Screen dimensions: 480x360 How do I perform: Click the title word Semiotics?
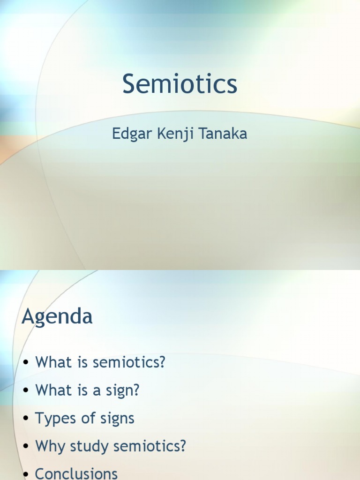(x=180, y=85)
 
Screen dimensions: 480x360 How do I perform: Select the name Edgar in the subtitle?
(x=128, y=134)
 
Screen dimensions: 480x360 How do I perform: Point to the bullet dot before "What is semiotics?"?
(x=26, y=363)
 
